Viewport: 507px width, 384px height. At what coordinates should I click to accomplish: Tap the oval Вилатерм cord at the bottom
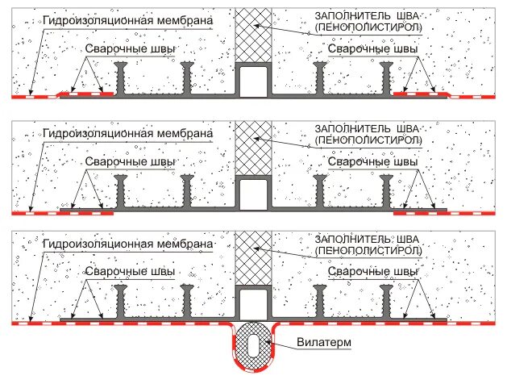(253, 349)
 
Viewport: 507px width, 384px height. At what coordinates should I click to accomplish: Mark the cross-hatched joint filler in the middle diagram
(253, 146)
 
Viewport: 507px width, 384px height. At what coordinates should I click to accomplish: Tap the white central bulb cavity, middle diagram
(253, 192)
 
